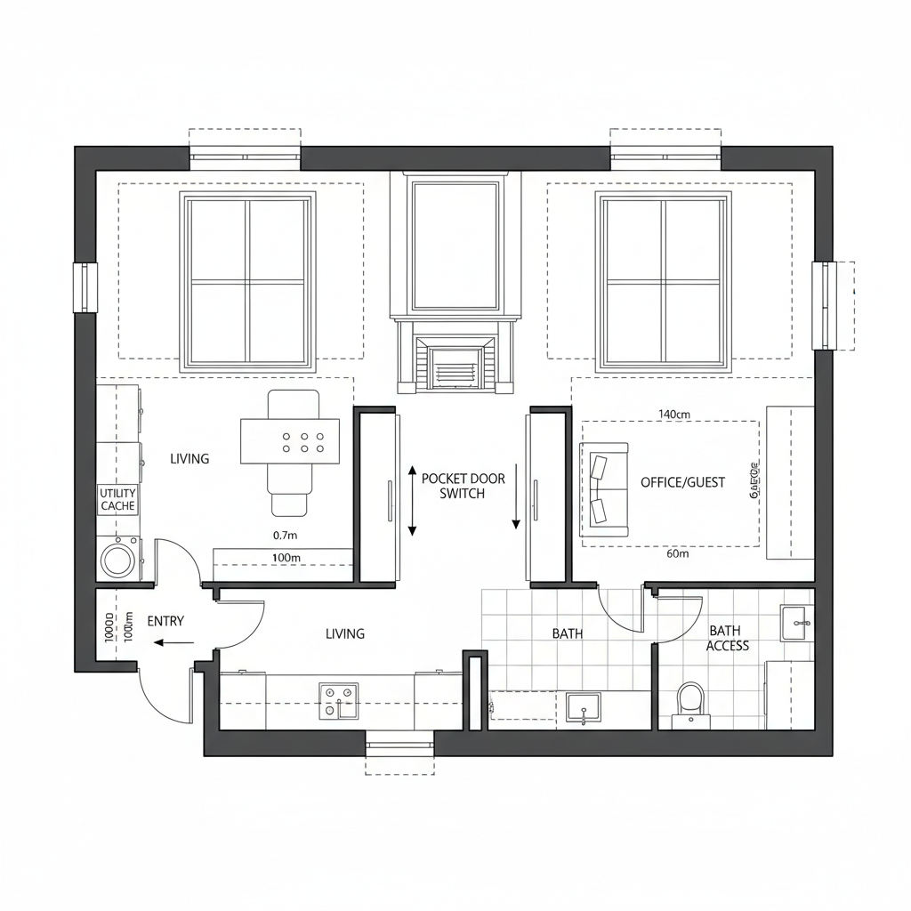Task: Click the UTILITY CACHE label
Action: tap(117, 499)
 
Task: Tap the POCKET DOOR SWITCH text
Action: tap(463, 486)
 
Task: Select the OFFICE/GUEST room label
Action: tap(682, 482)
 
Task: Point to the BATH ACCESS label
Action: tap(728, 638)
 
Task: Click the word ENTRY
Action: tap(165, 621)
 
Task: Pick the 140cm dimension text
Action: tap(674, 414)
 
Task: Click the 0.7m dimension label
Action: tap(285, 536)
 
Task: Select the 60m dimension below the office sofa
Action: tap(677, 553)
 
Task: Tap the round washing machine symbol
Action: tap(117, 560)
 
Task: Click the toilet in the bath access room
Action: tap(690, 699)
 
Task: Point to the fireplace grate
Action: tap(455, 366)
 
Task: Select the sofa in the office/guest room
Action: tap(604, 489)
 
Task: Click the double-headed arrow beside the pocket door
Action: tap(412, 500)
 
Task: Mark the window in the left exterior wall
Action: tap(85, 286)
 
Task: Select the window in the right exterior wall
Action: tap(825, 304)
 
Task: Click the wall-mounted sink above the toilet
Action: tap(796, 622)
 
